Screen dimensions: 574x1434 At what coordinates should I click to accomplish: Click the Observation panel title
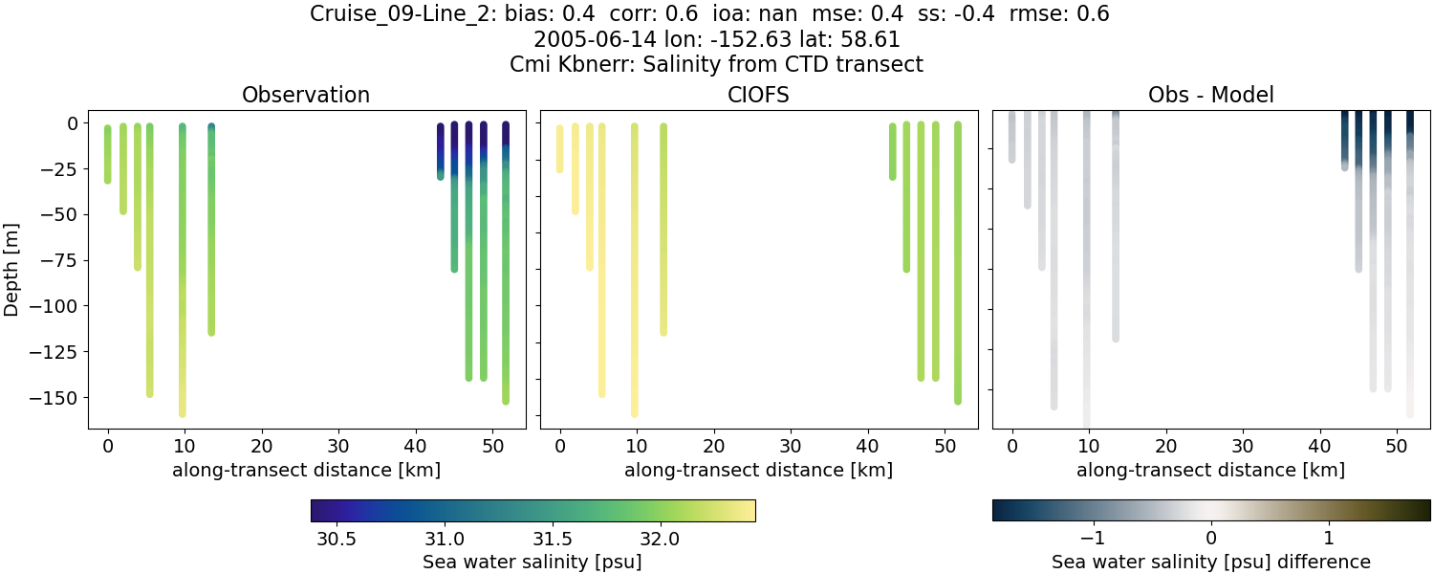tap(306, 95)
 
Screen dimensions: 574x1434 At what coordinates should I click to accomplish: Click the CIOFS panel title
tap(758, 95)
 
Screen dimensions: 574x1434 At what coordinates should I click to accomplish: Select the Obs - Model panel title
tap(1210, 95)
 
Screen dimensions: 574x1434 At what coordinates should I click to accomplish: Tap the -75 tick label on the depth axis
tap(59, 260)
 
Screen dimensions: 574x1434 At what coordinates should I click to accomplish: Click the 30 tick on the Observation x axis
tap(338, 447)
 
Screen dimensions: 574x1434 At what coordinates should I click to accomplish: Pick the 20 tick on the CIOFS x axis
tap(714, 447)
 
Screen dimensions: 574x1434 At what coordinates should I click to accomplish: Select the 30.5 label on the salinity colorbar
tap(337, 539)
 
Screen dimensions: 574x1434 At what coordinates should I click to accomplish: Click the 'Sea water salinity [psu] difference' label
tap(1210, 562)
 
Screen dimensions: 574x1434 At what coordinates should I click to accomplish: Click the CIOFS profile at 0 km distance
tap(560, 148)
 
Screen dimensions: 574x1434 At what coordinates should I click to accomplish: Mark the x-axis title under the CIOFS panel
tap(758, 470)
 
